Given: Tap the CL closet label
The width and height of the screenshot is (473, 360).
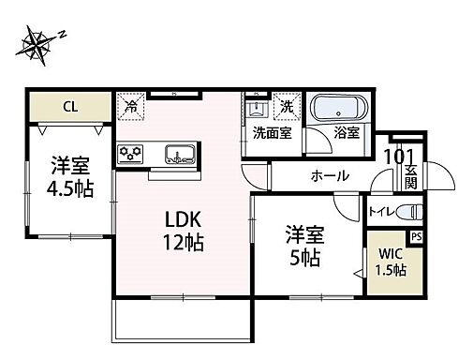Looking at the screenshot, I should pyautogui.click(x=69, y=105).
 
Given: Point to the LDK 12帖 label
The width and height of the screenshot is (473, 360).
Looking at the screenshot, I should pyautogui.click(x=185, y=230).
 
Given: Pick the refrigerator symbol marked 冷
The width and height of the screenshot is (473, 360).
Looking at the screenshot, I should pyautogui.click(x=130, y=106).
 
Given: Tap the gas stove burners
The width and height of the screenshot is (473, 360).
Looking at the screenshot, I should pyautogui.click(x=129, y=153).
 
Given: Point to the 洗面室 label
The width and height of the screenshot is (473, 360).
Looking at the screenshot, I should pyautogui.click(x=272, y=133).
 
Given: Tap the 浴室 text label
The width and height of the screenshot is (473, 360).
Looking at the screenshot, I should pyautogui.click(x=347, y=133).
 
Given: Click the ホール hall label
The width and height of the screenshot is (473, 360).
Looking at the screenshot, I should pyautogui.click(x=330, y=175).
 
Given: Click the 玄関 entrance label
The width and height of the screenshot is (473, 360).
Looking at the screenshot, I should pyautogui.click(x=412, y=176).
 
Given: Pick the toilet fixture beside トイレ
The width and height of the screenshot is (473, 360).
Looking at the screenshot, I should pyautogui.click(x=410, y=211).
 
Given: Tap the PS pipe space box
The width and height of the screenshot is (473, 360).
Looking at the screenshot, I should pyautogui.click(x=416, y=237).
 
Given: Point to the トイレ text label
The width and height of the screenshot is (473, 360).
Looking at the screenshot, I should pyautogui.click(x=381, y=212).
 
